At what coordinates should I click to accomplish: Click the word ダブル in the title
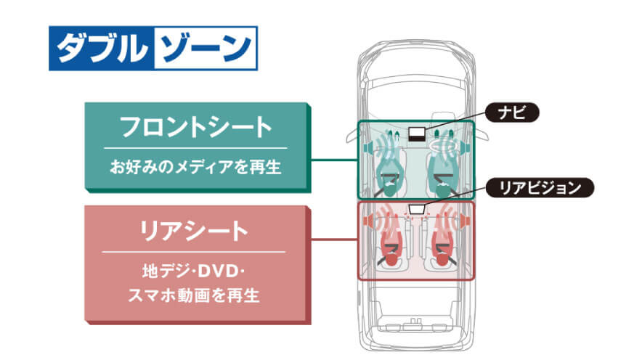tap(100, 49)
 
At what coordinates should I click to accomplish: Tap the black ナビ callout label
tap(513, 112)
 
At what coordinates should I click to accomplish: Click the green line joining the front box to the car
tap(334, 159)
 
